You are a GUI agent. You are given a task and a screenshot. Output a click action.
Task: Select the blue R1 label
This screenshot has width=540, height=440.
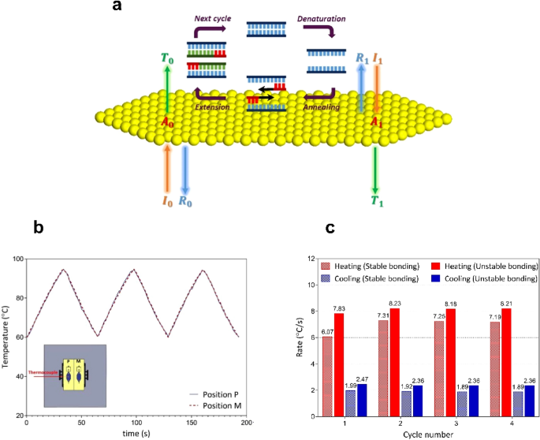coord(361,58)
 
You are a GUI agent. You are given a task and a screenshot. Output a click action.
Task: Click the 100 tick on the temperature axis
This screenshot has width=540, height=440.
coord(17,259)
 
